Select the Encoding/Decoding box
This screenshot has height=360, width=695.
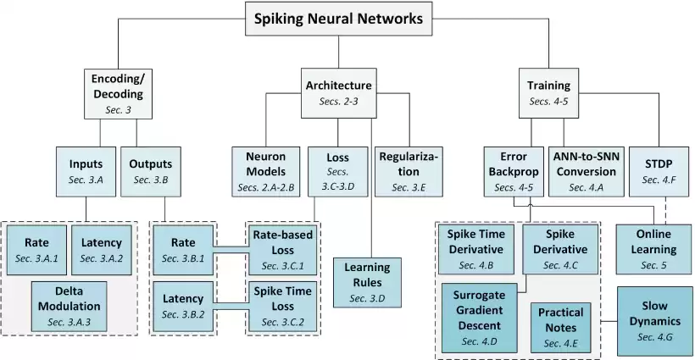(x=117, y=93)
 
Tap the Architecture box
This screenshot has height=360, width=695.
(x=337, y=92)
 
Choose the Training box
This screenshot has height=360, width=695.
(x=548, y=92)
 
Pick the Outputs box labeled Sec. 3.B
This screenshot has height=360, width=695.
(x=151, y=170)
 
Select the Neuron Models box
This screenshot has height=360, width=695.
(x=265, y=169)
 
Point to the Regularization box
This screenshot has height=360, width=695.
(x=408, y=169)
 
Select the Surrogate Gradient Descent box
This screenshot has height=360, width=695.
(x=480, y=317)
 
